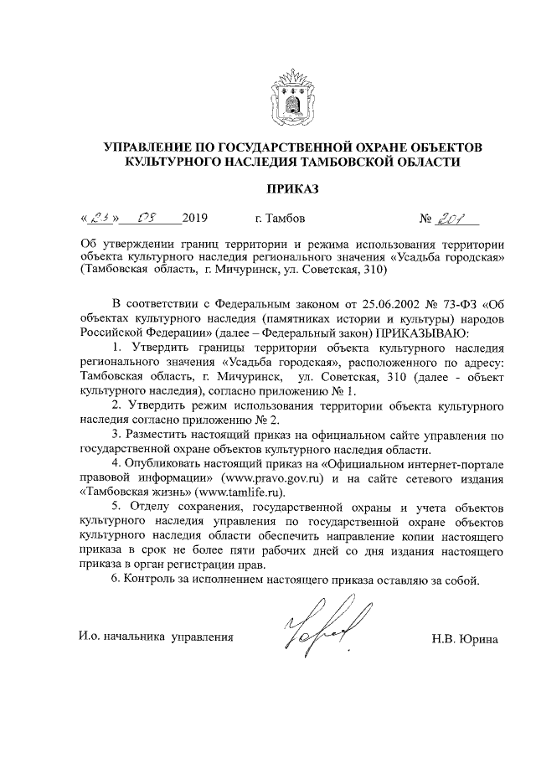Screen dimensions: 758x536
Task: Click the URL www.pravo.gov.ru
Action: point(279,478)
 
